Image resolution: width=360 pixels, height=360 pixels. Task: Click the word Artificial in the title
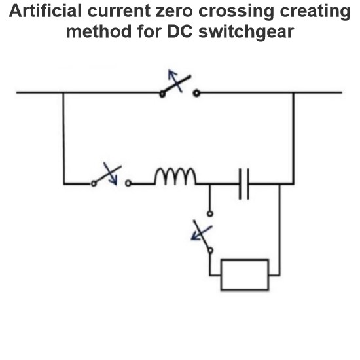click(x=45, y=10)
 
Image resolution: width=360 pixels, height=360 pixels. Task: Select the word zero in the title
click(x=174, y=11)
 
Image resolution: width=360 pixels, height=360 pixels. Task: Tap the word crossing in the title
click(x=236, y=12)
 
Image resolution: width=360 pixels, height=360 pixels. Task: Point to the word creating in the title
click(x=315, y=12)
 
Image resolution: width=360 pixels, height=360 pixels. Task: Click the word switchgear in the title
click(x=246, y=32)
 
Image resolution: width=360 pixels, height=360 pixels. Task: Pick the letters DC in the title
click(x=180, y=31)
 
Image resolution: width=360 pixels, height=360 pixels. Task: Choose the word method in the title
click(x=99, y=31)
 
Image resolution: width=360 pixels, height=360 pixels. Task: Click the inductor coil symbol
click(x=175, y=176)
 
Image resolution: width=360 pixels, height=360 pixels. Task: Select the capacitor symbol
click(x=244, y=184)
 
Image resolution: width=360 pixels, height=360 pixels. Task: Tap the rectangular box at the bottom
click(x=245, y=274)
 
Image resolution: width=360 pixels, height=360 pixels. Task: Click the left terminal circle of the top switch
click(x=162, y=94)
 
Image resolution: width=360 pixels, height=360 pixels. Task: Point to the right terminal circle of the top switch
click(x=196, y=93)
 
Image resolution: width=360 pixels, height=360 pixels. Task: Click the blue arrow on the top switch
click(x=175, y=81)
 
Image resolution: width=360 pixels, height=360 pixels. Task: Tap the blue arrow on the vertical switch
click(x=202, y=233)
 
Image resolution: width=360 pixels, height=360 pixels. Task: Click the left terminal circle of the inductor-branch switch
click(x=94, y=184)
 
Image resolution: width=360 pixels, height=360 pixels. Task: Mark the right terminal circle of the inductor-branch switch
click(x=128, y=183)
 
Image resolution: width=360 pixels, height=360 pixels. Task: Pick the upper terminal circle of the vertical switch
click(x=210, y=214)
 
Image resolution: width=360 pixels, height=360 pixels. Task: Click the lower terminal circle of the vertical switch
click(x=210, y=250)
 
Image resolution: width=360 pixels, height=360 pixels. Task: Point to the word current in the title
click(x=119, y=11)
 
